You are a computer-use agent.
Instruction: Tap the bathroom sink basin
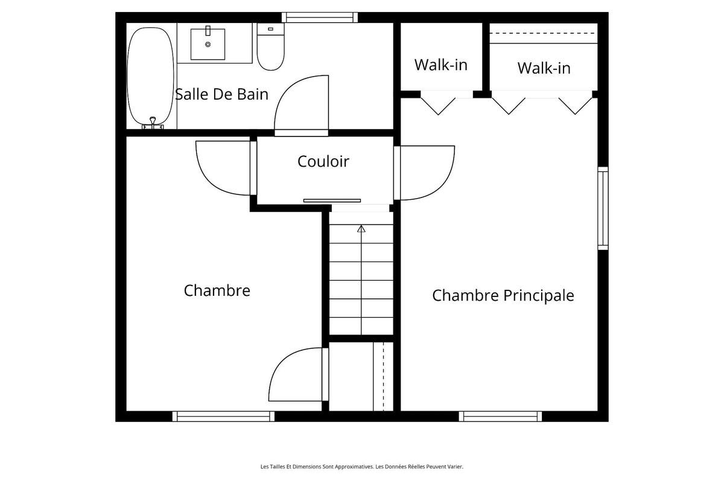[x=208, y=42]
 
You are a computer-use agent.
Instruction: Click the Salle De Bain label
[x=221, y=95]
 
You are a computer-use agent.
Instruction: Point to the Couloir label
[x=323, y=161]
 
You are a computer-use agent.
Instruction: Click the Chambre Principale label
[x=503, y=295]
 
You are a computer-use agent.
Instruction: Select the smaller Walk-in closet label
[x=440, y=65]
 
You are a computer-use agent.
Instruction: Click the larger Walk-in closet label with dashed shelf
[x=544, y=68]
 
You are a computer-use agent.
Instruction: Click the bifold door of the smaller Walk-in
[x=438, y=104]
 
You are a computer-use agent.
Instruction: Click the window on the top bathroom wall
[x=320, y=17]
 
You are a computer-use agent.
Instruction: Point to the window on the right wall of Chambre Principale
[x=603, y=208]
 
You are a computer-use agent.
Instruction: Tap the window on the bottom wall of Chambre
[x=223, y=416]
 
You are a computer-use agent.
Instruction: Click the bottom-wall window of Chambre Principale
[x=500, y=416]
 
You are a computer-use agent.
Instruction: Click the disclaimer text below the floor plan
[x=361, y=466]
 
